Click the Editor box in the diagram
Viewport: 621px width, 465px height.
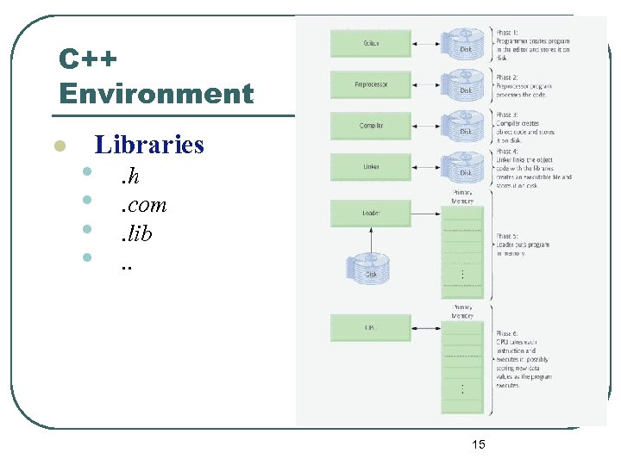coord(372,43)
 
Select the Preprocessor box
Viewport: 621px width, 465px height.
coord(372,84)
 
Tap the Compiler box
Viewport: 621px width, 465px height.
coord(372,126)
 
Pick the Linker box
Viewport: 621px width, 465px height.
coord(372,167)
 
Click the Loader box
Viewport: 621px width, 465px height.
coord(372,211)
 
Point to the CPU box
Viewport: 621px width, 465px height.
coord(372,327)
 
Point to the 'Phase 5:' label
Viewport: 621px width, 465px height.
coord(507,235)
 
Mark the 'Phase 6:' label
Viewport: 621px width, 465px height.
coord(507,333)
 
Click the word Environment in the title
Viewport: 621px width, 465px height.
coord(156,93)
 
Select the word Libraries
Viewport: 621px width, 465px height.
coord(149,144)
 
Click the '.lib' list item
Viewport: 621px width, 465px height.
coord(136,232)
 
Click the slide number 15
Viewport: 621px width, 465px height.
coord(479,444)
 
